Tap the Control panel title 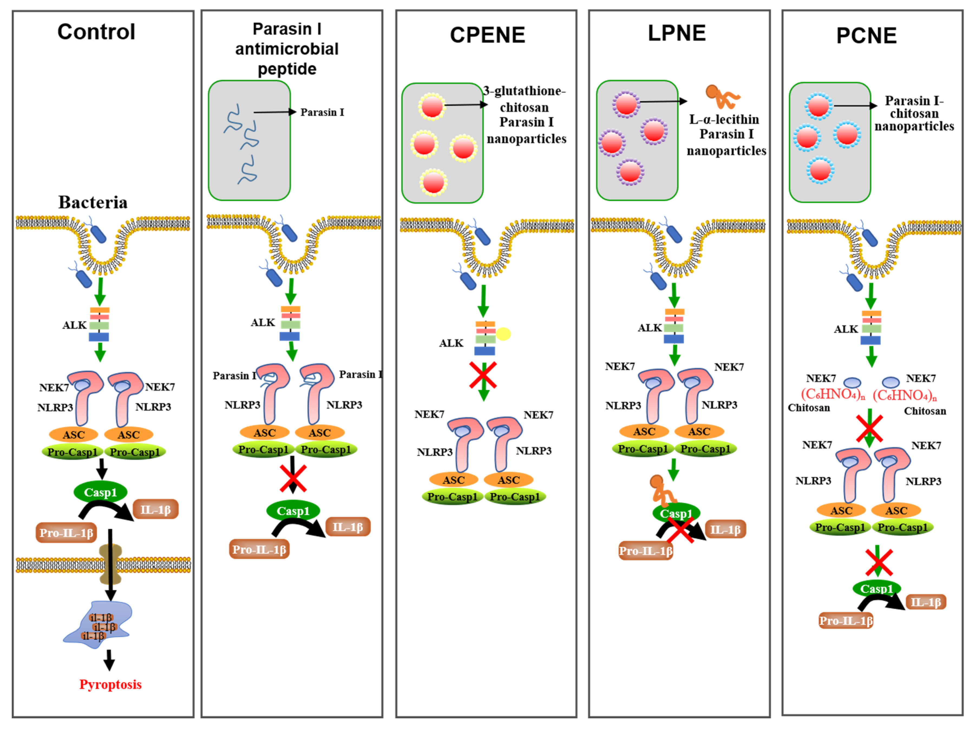(x=96, y=32)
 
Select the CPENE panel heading (x=487, y=35)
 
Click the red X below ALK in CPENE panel (x=483, y=375)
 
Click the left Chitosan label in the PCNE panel (x=809, y=408)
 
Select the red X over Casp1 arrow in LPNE (x=680, y=530)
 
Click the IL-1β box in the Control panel (x=155, y=510)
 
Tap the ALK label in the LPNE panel (x=650, y=328)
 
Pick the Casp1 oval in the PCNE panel (x=877, y=588)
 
